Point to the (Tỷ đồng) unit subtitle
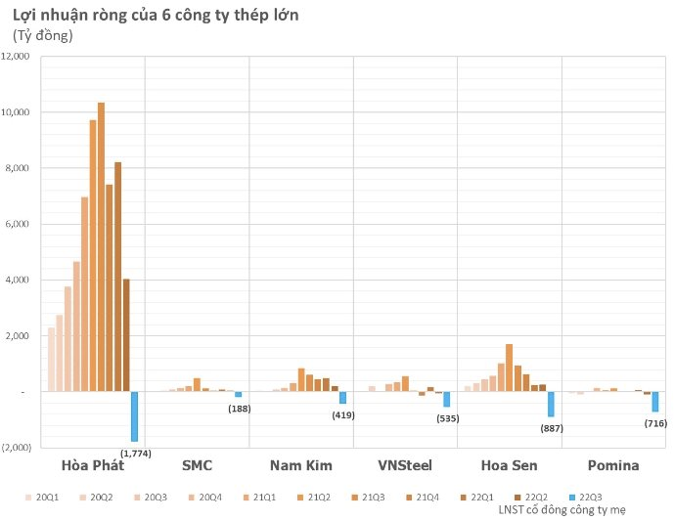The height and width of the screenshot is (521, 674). pyautogui.click(x=43, y=36)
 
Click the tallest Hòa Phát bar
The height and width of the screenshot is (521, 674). pyautogui.click(x=101, y=244)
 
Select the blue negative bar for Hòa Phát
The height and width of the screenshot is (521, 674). pyautogui.click(x=134, y=416)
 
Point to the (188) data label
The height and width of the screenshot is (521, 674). pyautogui.click(x=238, y=408)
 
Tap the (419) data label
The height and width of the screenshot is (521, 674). pyautogui.click(x=342, y=414)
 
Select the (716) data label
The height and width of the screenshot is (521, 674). pyautogui.click(x=654, y=422)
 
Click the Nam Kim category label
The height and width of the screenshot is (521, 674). pyautogui.click(x=300, y=465)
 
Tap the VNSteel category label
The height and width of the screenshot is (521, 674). pyautogui.click(x=404, y=465)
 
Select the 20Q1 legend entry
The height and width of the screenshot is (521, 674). pyautogui.click(x=42, y=497)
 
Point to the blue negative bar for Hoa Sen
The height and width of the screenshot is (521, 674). pyautogui.click(x=551, y=404)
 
